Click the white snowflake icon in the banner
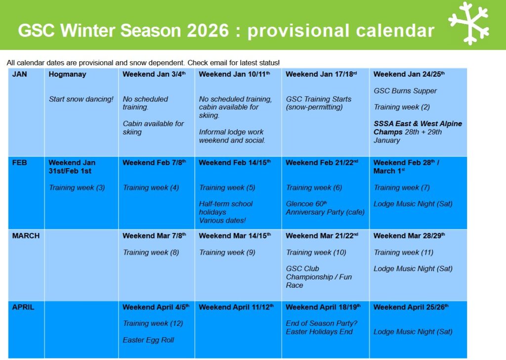469,23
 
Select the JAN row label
19,74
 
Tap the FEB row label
19,163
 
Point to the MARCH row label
26,236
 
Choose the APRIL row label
23,307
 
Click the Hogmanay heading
67,75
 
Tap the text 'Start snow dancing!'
81,99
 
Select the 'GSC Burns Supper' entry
405,91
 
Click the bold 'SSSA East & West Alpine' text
418,124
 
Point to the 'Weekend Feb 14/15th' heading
235,163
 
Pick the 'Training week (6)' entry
314,187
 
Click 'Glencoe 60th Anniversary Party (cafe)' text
325,208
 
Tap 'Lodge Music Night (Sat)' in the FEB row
413,204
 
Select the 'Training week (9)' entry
227,253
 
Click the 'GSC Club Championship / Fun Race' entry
319,277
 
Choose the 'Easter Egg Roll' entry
148,340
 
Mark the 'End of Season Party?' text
321,323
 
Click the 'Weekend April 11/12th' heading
236,307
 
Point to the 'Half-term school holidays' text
225,208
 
